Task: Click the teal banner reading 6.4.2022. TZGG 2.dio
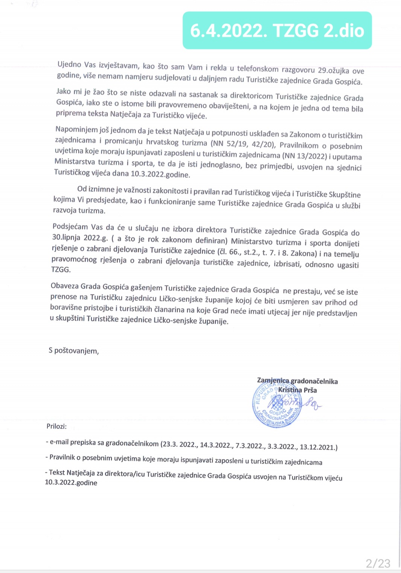(277, 31)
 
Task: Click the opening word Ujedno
(69, 64)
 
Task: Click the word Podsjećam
(70, 227)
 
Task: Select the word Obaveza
(64, 286)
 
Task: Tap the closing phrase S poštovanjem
(74, 351)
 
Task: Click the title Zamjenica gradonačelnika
(297, 381)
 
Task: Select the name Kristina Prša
(297, 390)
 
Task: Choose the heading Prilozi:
(56, 426)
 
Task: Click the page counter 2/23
(378, 563)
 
